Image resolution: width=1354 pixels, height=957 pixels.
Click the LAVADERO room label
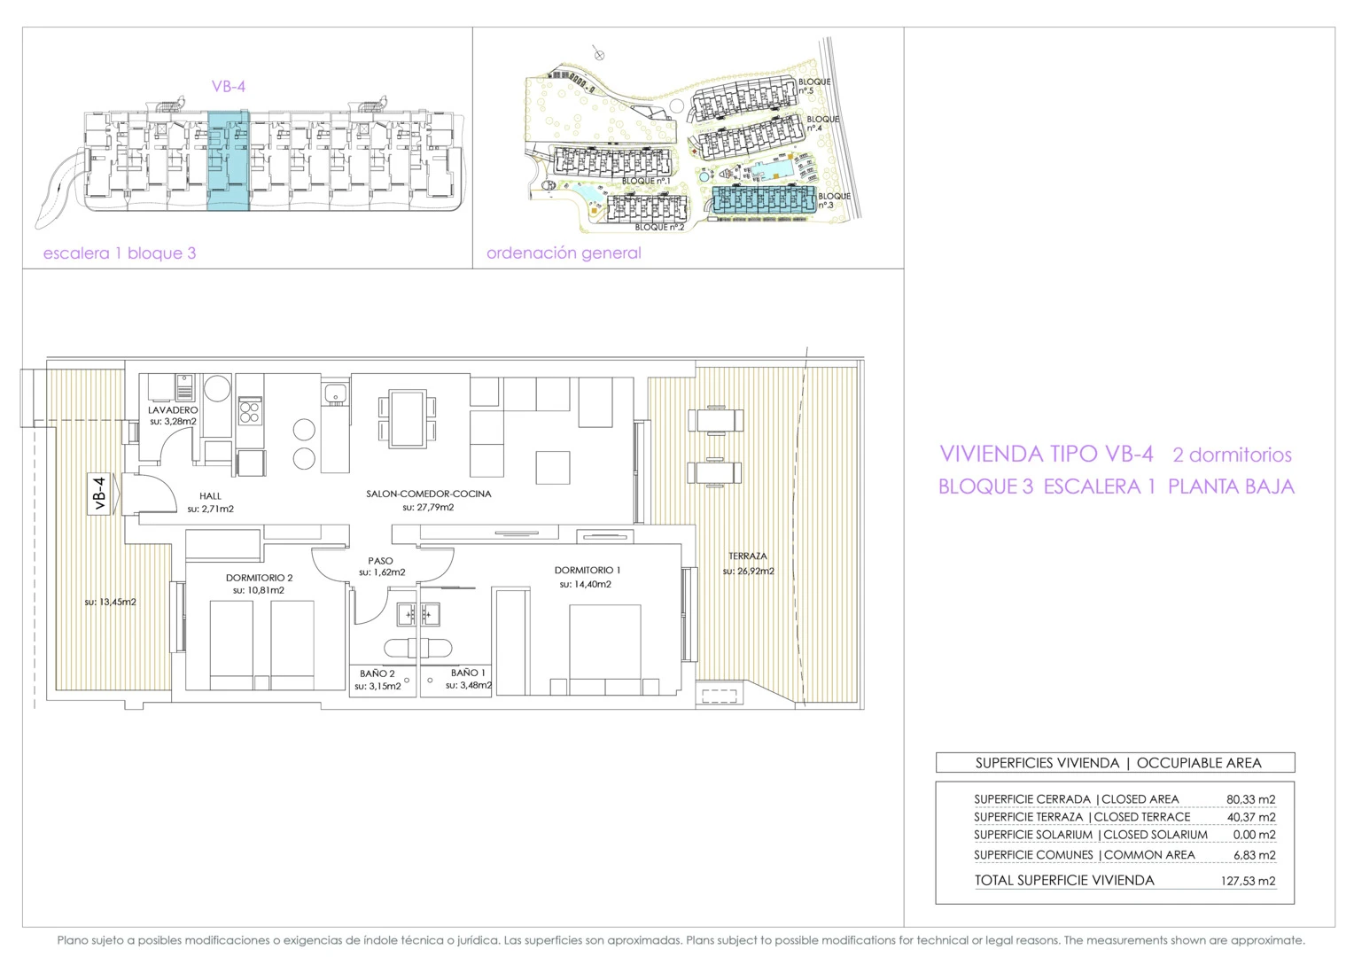pyautogui.click(x=173, y=410)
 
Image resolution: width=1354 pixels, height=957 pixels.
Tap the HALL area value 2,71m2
pyautogui.click(x=210, y=509)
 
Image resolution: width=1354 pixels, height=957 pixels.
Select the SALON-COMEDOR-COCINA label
pyautogui.click(x=429, y=494)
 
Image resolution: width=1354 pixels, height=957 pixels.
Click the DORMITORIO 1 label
pyautogui.click(x=588, y=570)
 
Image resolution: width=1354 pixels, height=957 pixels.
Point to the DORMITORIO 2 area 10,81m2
pyautogui.click(x=259, y=591)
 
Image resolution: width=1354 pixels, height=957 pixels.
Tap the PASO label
pyautogui.click(x=380, y=561)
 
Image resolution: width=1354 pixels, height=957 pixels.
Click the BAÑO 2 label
pyautogui.click(x=377, y=673)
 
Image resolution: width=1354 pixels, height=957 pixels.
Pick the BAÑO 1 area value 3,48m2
pyautogui.click(x=469, y=686)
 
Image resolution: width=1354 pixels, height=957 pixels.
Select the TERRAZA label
pyautogui.click(x=748, y=556)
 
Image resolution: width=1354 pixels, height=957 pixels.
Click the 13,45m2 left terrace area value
pyautogui.click(x=110, y=603)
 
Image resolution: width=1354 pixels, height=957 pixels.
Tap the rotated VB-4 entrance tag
pyautogui.click(x=100, y=494)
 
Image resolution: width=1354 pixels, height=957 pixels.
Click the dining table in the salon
pyautogui.click(x=408, y=419)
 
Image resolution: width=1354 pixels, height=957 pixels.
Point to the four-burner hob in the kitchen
pyautogui.click(x=250, y=411)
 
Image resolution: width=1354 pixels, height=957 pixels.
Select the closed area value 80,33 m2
pyautogui.click(x=1250, y=799)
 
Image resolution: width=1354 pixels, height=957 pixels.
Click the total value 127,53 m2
pyautogui.click(x=1248, y=881)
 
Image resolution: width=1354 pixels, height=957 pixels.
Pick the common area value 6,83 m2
pyautogui.click(x=1254, y=855)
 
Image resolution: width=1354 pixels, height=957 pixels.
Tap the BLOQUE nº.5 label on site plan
pyautogui.click(x=814, y=87)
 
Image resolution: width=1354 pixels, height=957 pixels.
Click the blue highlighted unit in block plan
pyautogui.click(x=228, y=160)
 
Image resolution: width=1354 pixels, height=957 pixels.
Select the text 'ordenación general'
pyautogui.click(x=564, y=253)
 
